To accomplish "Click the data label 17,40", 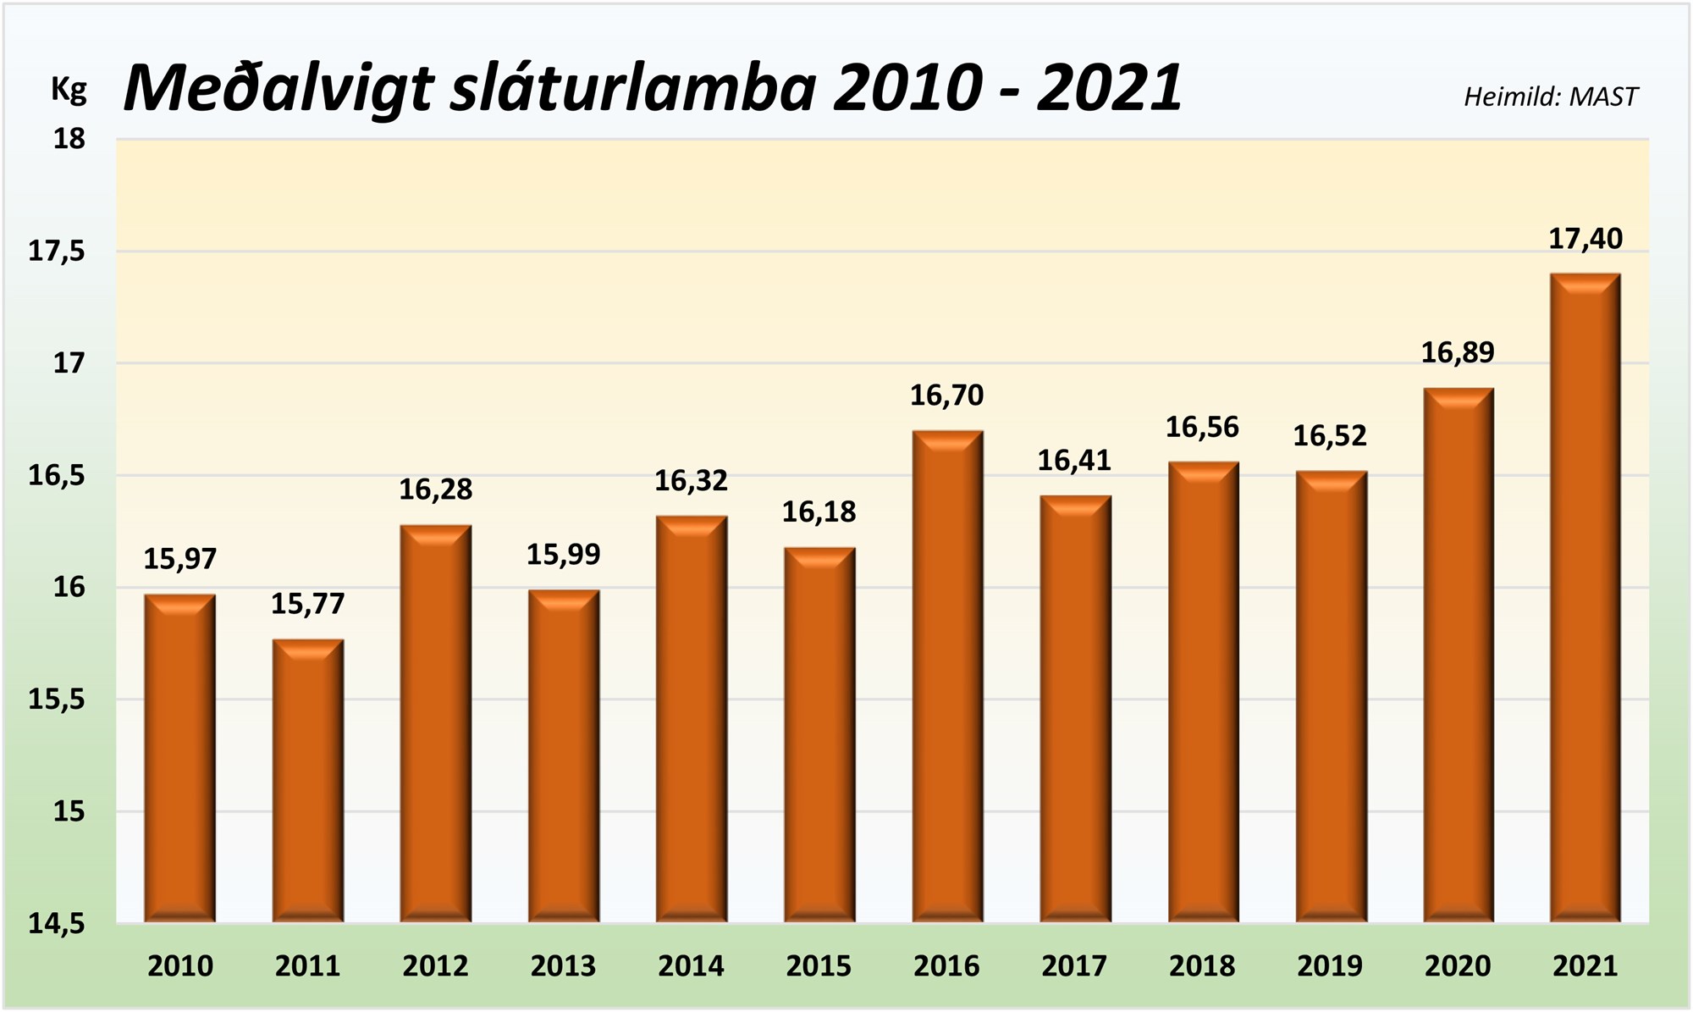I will pyautogui.click(x=1585, y=240).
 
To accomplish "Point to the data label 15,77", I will pyautogui.click(x=307, y=604).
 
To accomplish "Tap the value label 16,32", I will pyautogui.click(x=691, y=481).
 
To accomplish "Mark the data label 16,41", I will pyautogui.click(x=1074, y=461).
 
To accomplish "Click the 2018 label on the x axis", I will pyautogui.click(x=1202, y=966).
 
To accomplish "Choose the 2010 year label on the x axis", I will pyautogui.click(x=180, y=966).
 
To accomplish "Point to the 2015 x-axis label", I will pyautogui.click(x=819, y=966).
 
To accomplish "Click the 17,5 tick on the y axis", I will pyautogui.click(x=58, y=252).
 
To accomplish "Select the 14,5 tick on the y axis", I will pyautogui.click(x=58, y=924).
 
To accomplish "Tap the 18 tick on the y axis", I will pyautogui.click(x=69, y=139).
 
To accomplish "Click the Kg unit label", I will pyautogui.click(x=69, y=89).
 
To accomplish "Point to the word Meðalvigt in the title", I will pyautogui.click(x=279, y=87).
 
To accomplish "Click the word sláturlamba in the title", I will pyautogui.click(x=634, y=87).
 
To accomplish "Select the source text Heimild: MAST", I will pyautogui.click(x=1551, y=97).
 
